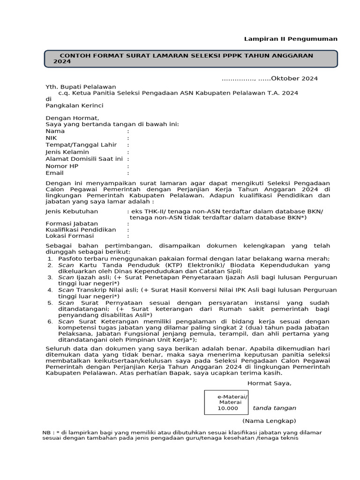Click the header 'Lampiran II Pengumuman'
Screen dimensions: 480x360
click(291, 39)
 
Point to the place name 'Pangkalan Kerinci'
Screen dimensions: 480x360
click(74, 105)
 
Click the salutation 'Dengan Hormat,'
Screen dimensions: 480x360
click(72, 118)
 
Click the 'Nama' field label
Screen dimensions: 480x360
click(55, 131)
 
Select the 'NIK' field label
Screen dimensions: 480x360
click(51, 138)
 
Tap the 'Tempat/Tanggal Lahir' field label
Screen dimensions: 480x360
click(81, 145)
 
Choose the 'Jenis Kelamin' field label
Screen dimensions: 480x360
click(67, 152)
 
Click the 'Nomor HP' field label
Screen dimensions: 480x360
click(61, 166)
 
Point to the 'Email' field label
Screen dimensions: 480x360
click(54, 173)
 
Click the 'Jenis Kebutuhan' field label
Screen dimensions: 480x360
click(72, 211)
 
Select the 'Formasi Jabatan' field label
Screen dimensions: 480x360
click(72, 223)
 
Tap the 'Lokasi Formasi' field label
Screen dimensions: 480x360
click(70, 237)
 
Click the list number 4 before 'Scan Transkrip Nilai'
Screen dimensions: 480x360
click(50, 290)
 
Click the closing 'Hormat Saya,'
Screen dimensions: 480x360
click(269, 383)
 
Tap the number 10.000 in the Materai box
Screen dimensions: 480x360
click(227, 408)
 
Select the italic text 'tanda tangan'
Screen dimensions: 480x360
click(274, 408)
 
